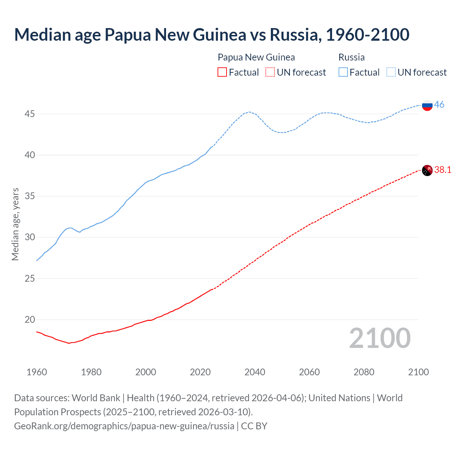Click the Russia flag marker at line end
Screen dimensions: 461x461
coord(427,105)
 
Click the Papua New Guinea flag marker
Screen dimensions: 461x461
coord(427,170)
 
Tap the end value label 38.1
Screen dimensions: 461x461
coord(443,170)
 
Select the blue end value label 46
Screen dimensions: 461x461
coord(439,104)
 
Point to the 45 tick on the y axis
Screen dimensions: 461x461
coord(30,114)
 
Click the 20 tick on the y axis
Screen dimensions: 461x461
coord(30,319)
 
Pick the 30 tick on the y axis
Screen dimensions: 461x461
coord(30,237)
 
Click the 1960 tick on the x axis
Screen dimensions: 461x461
coord(37,372)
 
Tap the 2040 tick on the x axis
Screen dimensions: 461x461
coord(255,372)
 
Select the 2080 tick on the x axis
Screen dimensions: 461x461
coord(364,372)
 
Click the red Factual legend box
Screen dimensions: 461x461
coord(222,72)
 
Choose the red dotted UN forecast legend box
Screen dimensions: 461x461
coord(270,72)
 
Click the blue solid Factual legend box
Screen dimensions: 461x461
coord(343,72)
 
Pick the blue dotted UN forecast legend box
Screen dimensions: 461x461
coord(391,72)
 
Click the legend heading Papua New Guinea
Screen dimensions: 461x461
coord(256,57)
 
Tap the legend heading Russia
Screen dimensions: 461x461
coord(352,57)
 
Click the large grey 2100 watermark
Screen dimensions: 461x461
coord(380,338)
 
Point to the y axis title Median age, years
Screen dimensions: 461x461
coord(15,224)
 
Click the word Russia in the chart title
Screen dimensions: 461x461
coord(295,35)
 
